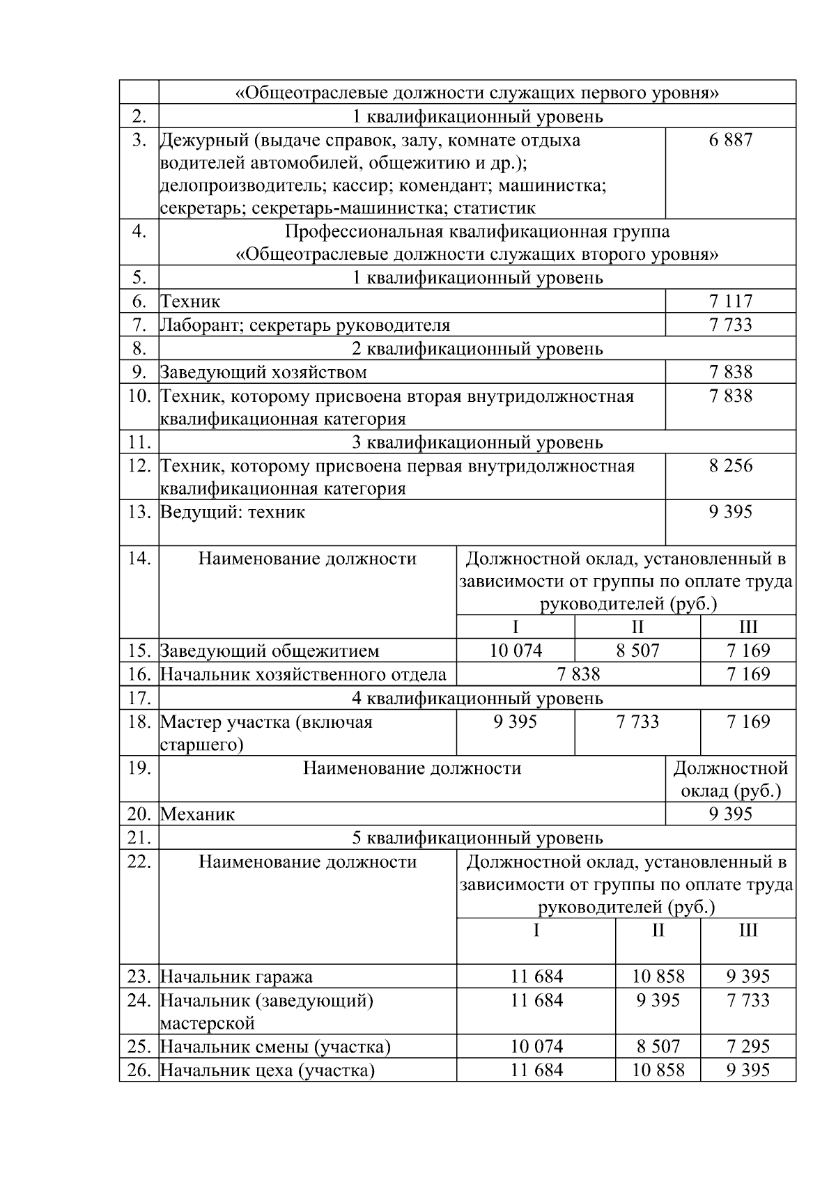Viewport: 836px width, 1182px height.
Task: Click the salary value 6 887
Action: coord(730,140)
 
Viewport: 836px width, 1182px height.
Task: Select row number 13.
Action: coord(139,512)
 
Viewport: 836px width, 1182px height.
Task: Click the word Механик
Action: coord(198,814)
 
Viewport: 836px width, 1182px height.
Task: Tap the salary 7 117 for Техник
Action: coord(730,302)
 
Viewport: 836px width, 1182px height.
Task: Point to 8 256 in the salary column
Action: coord(730,466)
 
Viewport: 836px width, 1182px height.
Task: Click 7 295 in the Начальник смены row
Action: coord(748,1047)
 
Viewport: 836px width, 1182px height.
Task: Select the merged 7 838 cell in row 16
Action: coord(578,674)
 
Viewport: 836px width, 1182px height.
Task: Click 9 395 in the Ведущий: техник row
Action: coord(730,512)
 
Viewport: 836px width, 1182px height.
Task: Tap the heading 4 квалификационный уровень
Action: coord(477,698)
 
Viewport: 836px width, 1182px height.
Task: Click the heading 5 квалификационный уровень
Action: coord(477,838)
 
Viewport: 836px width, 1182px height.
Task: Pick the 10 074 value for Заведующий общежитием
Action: coord(516,651)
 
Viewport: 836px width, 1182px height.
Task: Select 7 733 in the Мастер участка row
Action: coord(637,722)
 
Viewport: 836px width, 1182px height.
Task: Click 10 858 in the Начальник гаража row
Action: coord(658,977)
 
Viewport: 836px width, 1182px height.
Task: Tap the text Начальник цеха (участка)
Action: coord(268,1071)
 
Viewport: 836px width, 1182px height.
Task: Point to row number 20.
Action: coord(139,814)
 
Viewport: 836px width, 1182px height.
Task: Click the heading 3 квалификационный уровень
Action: coord(477,442)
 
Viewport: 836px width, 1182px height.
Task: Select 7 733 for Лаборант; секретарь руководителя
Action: coord(730,325)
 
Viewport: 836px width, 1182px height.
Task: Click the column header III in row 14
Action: coord(748,627)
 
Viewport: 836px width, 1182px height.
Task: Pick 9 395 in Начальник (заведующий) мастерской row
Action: coord(658,1000)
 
